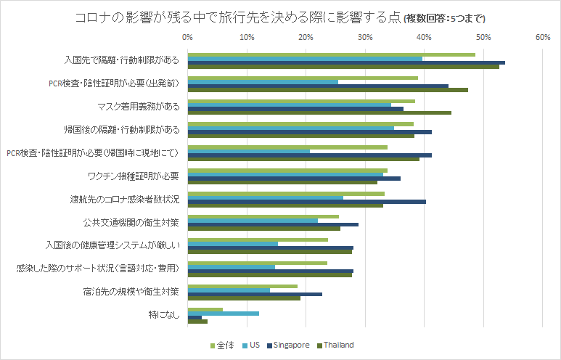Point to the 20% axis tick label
[x=306, y=36]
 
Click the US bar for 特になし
[x=224, y=314]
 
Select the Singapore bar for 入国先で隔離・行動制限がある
[x=346, y=63]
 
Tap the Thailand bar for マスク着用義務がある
[x=319, y=113]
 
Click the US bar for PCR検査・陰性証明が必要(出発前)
[x=263, y=81]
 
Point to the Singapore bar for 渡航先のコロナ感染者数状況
[x=307, y=201]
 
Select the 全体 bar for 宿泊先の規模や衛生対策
[x=242, y=286]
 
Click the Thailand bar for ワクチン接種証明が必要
[x=282, y=182]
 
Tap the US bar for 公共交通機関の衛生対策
[x=253, y=220]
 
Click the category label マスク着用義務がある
[x=139, y=107]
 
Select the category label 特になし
[x=163, y=314]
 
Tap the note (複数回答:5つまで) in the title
[x=444, y=18]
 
